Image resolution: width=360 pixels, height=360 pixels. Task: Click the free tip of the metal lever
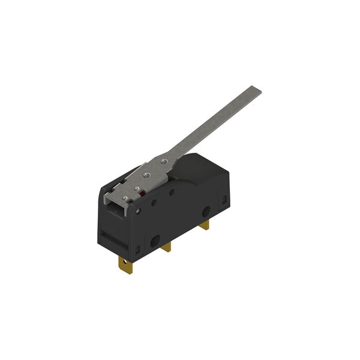257,91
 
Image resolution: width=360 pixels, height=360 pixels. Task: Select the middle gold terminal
167,245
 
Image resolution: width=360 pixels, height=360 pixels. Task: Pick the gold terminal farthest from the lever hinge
205,225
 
